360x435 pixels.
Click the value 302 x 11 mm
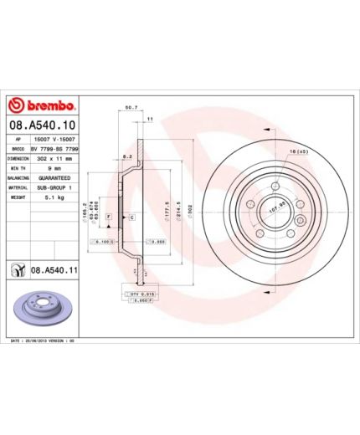pyautogui.click(x=54, y=156)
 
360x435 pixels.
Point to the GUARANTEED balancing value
pyautogui.click(x=55, y=178)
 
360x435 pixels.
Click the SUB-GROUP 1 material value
pyautogui.click(x=54, y=188)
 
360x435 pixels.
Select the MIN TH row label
pyautogui.click(x=18, y=167)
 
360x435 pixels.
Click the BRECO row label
pyautogui.click(x=18, y=146)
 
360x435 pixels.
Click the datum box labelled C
pyautogui.click(x=131, y=217)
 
